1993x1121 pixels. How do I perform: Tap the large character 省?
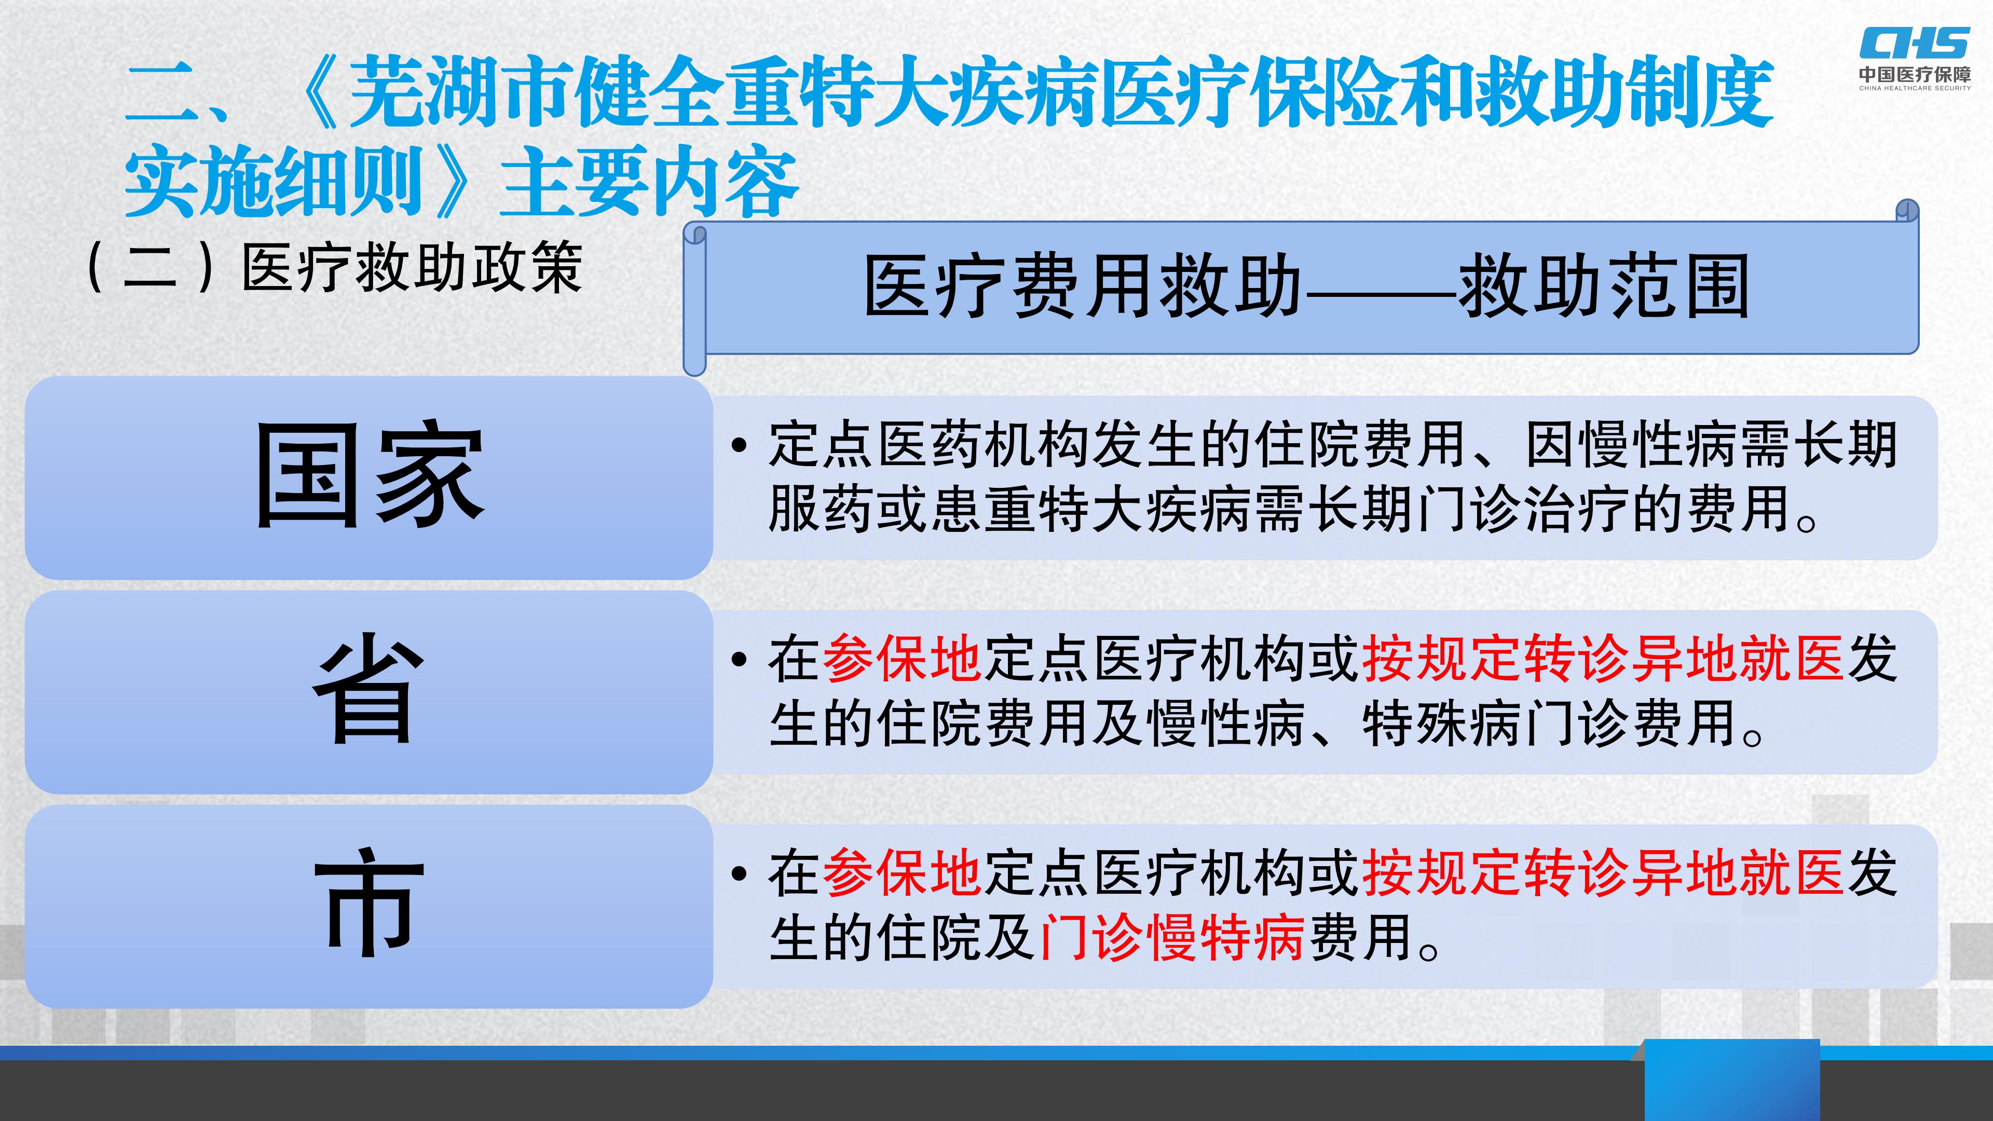[369, 689]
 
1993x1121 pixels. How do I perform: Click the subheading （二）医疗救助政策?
[334, 268]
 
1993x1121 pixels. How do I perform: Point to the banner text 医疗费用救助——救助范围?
[1306, 287]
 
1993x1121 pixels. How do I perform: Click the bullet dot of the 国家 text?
[740, 446]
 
